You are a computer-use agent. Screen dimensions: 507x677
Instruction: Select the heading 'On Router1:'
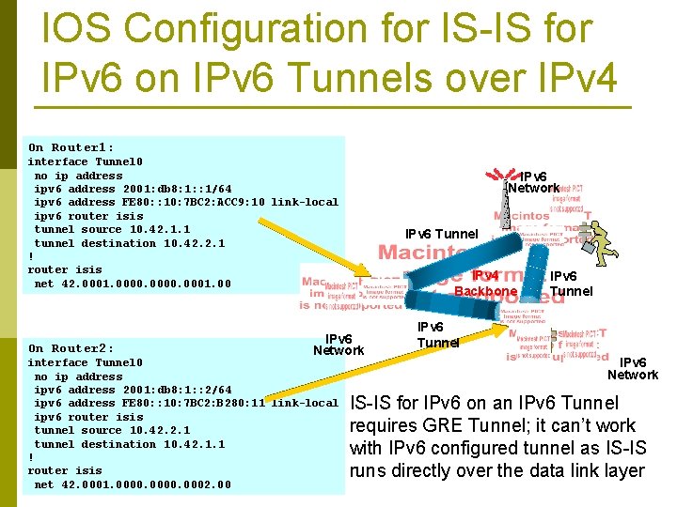[71, 147]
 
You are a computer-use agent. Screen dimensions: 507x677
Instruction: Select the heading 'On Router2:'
[71, 348]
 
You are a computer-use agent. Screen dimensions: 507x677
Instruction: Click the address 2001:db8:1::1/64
[164, 189]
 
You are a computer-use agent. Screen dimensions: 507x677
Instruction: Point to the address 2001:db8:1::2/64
[164, 390]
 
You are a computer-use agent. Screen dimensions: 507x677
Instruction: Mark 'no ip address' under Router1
[78, 176]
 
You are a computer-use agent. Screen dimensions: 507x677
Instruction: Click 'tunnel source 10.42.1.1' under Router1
[112, 229]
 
